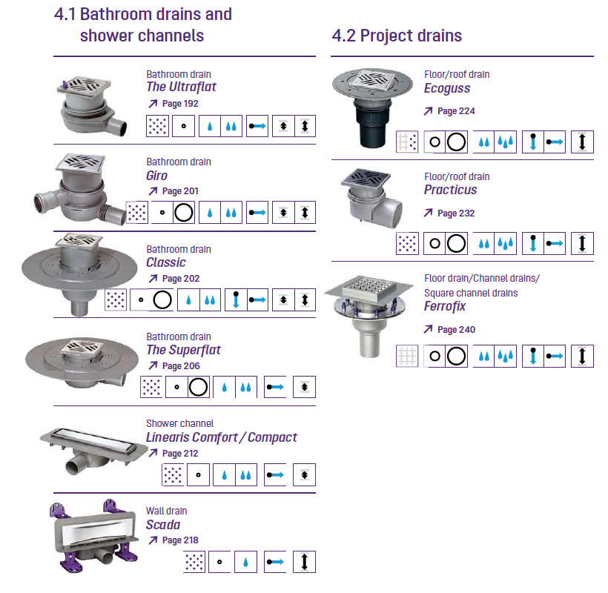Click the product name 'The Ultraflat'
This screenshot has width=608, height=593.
click(181, 87)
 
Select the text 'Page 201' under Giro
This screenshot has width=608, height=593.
click(180, 191)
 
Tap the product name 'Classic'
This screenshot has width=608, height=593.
click(166, 262)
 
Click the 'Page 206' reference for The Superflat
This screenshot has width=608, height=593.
click(181, 366)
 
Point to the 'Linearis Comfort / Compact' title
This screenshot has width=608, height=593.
click(222, 437)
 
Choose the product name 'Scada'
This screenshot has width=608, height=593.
click(163, 525)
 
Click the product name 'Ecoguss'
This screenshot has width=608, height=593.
click(447, 88)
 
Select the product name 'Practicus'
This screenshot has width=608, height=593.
click(451, 190)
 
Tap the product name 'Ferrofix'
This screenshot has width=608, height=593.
click(445, 306)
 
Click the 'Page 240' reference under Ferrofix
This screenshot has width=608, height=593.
click(457, 329)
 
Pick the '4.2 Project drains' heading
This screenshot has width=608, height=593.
click(397, 36)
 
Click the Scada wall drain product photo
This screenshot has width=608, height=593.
click(94, 537)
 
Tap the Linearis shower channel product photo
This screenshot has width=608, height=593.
click(94, 451)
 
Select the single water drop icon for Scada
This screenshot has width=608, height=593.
click(245, 562)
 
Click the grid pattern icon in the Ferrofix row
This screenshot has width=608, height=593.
click(407, 356)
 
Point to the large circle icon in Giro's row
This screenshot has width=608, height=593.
click(183, 213)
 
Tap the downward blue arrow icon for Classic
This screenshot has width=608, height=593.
click(236, 299)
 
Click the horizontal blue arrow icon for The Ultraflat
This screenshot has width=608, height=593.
click(257, 126)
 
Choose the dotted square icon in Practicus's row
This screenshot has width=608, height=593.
click(407, 243)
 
